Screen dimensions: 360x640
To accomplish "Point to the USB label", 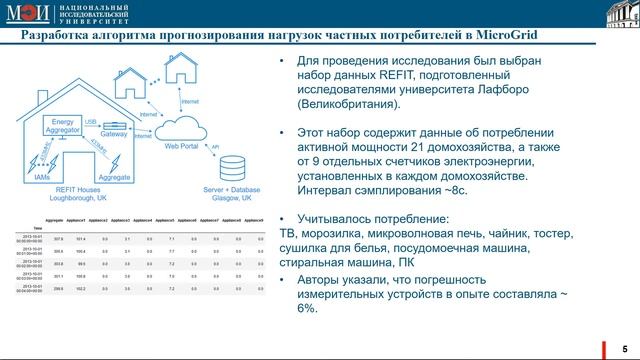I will pyautogui.click(x=91, y=121).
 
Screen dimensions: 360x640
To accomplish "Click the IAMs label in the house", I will pyautogui.click(x=41, y=175).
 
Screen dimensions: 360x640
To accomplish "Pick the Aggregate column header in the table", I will pyautogui.click(x=56, y=219).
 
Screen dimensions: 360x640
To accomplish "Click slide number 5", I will pyautogui.click(x=624, y=346).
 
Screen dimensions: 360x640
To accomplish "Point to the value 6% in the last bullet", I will pyautogui.click(x=306, y=309).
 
